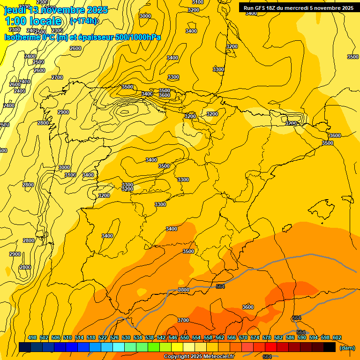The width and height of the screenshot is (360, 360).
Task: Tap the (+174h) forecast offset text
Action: click(83, 21)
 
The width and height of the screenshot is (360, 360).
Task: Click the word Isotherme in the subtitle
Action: click(22, 37)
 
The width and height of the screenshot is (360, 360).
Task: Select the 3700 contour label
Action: click(183, 320)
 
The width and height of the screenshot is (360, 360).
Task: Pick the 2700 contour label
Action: click(57, 77)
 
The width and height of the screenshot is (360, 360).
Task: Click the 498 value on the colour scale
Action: click(32, 337)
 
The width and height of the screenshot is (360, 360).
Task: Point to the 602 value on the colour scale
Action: click(337, 337)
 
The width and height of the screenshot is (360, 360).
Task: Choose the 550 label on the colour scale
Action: click(185, 337)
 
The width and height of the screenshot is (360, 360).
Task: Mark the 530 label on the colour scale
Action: click(126, 337)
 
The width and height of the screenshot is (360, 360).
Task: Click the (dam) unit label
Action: click(347, 347)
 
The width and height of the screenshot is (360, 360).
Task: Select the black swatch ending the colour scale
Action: click(330, 347)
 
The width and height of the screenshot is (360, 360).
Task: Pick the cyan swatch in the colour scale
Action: click(119, 347)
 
